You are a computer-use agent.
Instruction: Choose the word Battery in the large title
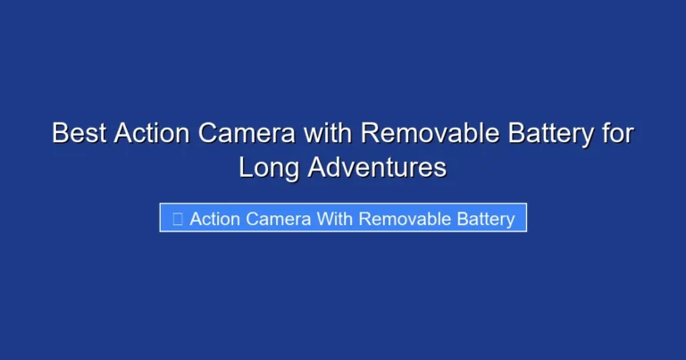click(551, 133)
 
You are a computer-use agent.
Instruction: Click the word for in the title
click(617, 133)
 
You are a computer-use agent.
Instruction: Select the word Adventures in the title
click(377, 167)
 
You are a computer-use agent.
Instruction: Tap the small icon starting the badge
click(177, 218)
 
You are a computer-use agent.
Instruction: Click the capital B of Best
click(60, 133)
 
